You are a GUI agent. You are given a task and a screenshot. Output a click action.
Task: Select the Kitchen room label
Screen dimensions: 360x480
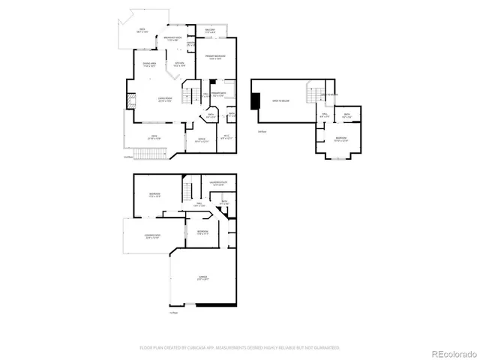pyautogui.click(x=180, y=64)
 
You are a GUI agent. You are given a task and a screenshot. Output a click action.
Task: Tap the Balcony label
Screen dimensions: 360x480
pyautogui.click(x=210, y=31)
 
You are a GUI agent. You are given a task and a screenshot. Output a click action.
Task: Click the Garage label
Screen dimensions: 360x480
pyautogui.click(x=202, y=277)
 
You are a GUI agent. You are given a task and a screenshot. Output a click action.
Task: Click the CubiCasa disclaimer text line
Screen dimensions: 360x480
pyautogui.click(x=240, y=347)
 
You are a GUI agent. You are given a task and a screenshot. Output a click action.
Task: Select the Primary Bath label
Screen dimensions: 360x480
pyautogui.click(x=219, y=94)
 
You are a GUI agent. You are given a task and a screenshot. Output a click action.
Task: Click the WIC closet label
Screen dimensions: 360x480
pyautogui.click(x=225, y=136)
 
